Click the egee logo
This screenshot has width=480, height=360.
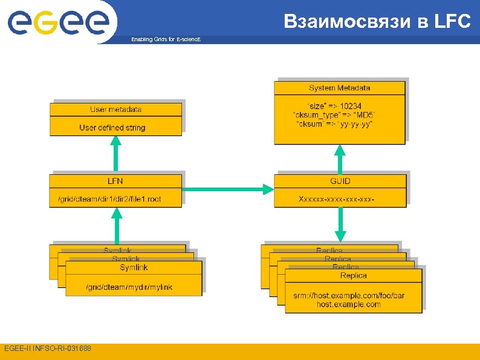(58, 22)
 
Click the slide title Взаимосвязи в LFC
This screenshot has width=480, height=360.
(377, 22)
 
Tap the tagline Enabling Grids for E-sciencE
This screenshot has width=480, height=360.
(166, 39)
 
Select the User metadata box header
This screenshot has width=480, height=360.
(115, 110)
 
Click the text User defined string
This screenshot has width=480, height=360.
(112, 128)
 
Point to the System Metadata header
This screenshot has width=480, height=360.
(339, 88)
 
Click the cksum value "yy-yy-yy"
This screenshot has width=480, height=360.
(357, 124)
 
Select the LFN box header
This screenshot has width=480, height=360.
(115, 181)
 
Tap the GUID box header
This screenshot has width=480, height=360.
(340, 181)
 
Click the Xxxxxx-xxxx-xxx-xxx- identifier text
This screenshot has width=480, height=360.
(337, 198)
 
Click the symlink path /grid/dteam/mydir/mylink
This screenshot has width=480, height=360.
(129, 287)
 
